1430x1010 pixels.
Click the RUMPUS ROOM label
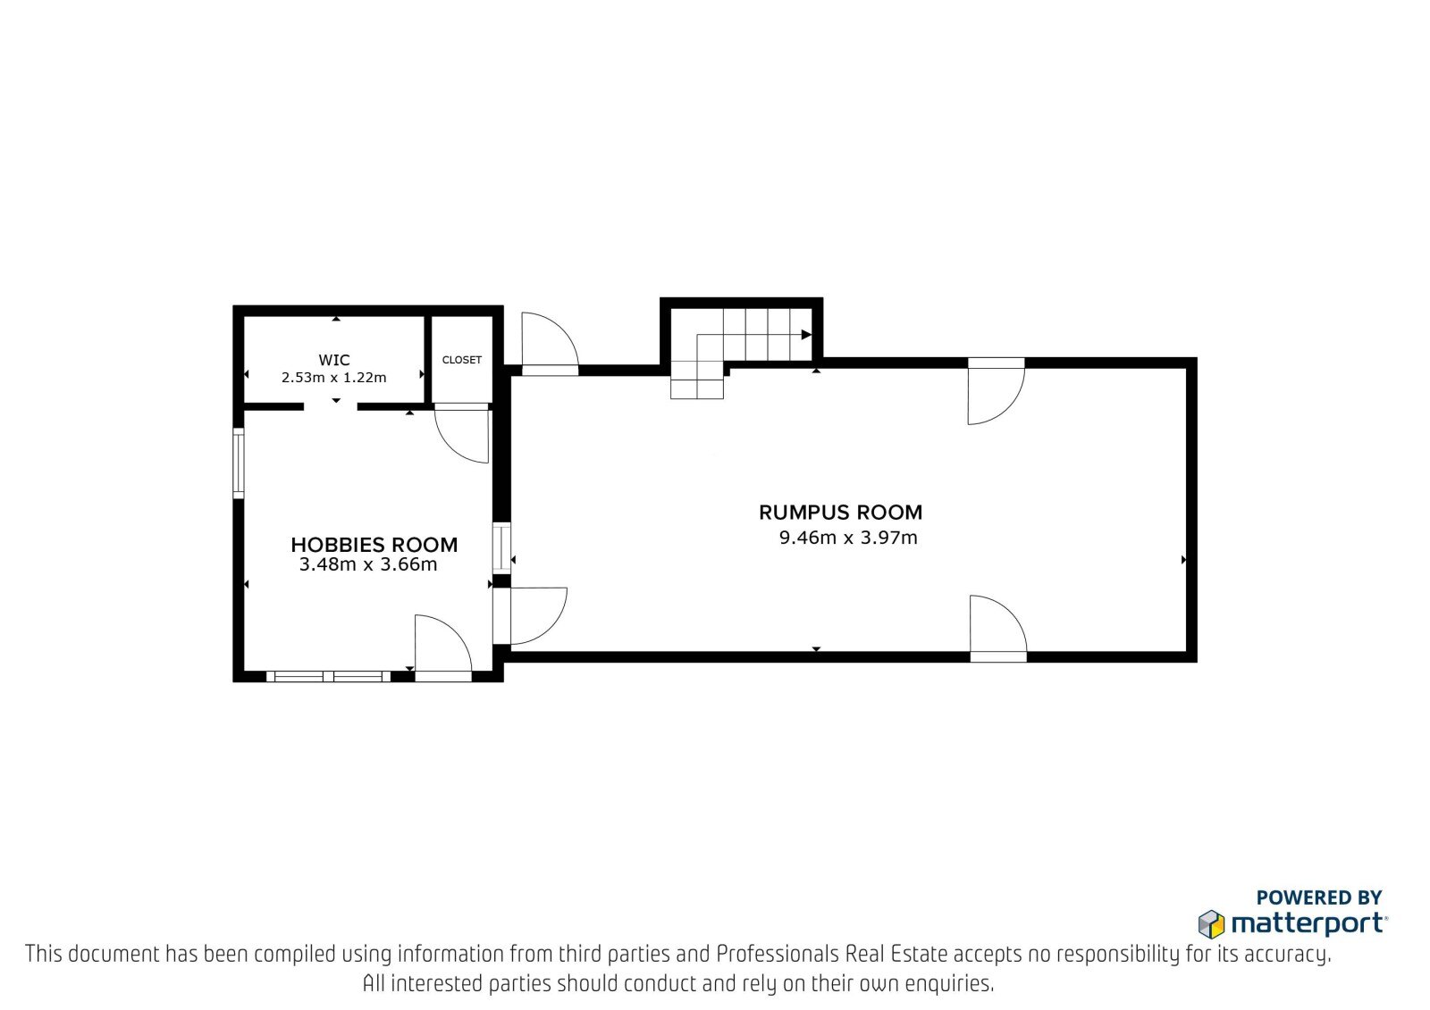tap(840, 513)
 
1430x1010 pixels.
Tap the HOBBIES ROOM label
tap(374, 545)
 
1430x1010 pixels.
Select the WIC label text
tap(334, 360)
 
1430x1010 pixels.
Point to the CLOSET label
tap(461, 360)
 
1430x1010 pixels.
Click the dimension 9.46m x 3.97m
tap(848, 538)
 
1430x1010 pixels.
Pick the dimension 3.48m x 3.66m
tap(368, 564)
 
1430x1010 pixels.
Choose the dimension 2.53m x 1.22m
tap(334, 378)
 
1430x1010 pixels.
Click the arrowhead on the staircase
tap(806, 335)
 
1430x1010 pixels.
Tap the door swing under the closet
tap(461, 433)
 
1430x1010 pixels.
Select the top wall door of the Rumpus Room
tap(996, 391)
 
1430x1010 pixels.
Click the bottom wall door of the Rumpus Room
tap(998, 629)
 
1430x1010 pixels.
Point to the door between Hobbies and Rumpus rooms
tap(529, 615)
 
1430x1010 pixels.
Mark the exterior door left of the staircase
tap(551, 344)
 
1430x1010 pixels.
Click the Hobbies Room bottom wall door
tap(443, 648)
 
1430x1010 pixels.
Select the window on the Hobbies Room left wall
tap(238, 463)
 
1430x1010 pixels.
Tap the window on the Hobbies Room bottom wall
tap(328, 676)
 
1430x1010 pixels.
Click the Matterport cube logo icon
tap(1211, 924)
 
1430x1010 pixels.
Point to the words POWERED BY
tap(1319, 897)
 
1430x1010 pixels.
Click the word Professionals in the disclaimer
tap(778, 955)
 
